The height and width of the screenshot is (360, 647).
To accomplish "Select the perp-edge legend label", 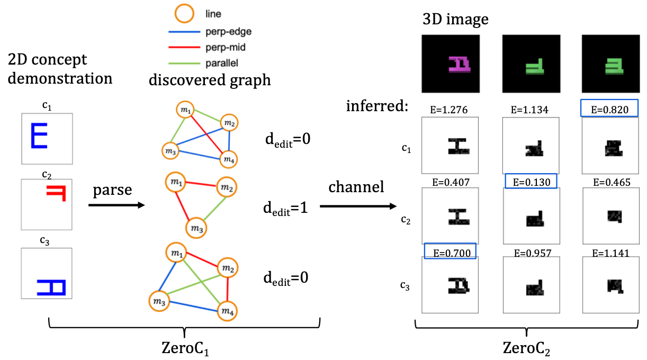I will (x=228, y=31).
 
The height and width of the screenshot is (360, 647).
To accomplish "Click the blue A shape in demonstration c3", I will (x=50, y=287).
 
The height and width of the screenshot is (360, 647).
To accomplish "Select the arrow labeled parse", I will (x=116, y=204).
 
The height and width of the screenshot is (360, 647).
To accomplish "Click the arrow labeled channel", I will (x=358, y=204).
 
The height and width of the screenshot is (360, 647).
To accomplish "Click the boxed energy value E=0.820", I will (x=609, y=109).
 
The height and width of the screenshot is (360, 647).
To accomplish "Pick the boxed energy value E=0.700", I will (x=450, y=250).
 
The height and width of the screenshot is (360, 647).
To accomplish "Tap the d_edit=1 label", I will (x=285, y=208).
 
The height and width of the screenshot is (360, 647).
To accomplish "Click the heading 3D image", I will (x=455, y=20).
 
